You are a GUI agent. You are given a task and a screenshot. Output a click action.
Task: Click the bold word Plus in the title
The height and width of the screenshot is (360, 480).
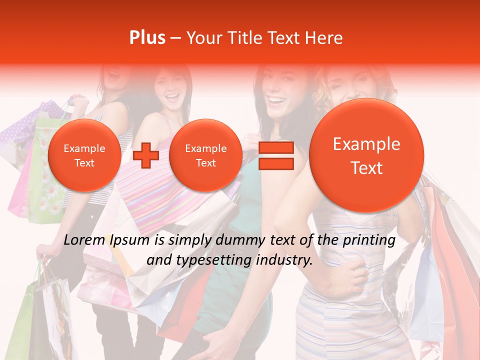coord(147,38)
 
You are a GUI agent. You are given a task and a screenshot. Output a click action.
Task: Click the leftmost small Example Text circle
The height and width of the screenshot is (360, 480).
coord(84,155)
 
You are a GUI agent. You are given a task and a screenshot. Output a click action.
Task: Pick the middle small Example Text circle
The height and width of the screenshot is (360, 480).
coord(205,155)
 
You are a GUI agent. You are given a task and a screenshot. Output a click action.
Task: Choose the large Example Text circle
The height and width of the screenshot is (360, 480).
coord(366,155)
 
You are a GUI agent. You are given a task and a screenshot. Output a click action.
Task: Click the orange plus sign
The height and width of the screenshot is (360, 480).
coord(146,155)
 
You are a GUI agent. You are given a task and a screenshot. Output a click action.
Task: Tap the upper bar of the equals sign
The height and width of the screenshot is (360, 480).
coord(275,147)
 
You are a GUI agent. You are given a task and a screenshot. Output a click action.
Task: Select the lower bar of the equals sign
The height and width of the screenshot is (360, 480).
coord(275,163)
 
